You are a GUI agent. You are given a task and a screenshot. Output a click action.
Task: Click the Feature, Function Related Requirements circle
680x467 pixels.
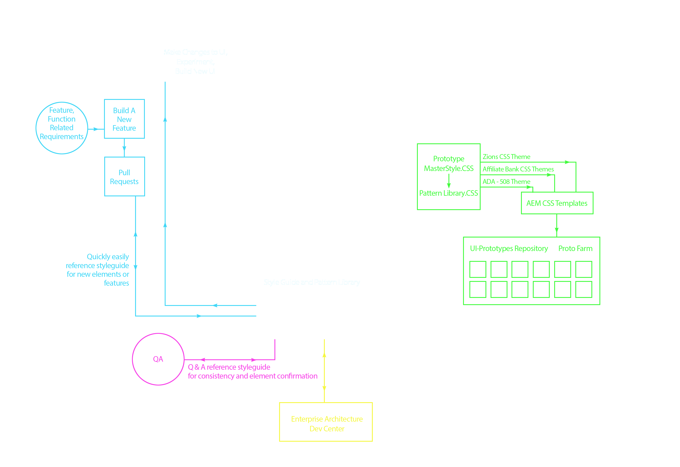tap(62, 128)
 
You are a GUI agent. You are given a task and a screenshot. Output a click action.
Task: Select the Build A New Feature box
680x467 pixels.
tap(124, 119)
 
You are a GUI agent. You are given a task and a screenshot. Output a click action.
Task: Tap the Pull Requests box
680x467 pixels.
tap(124, 177)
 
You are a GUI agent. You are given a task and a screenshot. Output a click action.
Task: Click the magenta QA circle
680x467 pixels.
tap(158, 359)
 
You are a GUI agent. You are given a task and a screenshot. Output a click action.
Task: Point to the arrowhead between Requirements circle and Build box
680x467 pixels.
tap(96, 129)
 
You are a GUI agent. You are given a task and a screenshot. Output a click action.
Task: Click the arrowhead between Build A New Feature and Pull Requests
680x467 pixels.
tap(124, 148)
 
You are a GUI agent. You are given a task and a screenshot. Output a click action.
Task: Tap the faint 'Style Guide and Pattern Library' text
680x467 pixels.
tap(312, 282)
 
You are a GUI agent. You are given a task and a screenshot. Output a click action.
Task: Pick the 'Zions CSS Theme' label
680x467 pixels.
tap(507, 157)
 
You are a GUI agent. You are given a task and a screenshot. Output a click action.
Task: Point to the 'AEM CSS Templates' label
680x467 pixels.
tap(557, 203)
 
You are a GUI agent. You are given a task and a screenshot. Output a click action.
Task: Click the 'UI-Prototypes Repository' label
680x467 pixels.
tap(509, 248)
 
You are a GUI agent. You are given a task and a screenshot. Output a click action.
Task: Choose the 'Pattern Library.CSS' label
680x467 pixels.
tap(449, 193)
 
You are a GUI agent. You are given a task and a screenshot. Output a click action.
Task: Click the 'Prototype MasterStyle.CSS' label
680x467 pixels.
tap(449, 163)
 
